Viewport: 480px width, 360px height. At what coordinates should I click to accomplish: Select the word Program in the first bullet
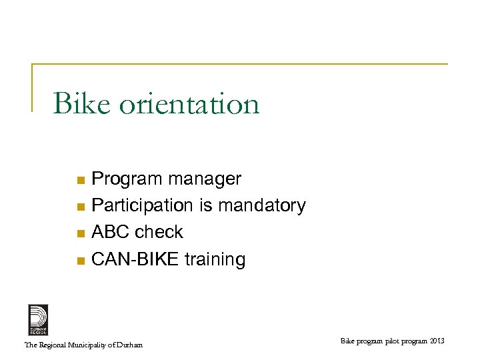point(127,179)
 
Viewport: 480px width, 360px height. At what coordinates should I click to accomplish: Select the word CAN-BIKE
point(135,259)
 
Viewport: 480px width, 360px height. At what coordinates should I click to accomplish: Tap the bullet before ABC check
point(80,233)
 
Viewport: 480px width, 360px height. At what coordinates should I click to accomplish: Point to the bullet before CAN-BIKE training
point(80,260)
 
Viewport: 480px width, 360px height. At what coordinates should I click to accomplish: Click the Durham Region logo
point(38,319)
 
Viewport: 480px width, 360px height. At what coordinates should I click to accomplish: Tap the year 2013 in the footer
point(437,341)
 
